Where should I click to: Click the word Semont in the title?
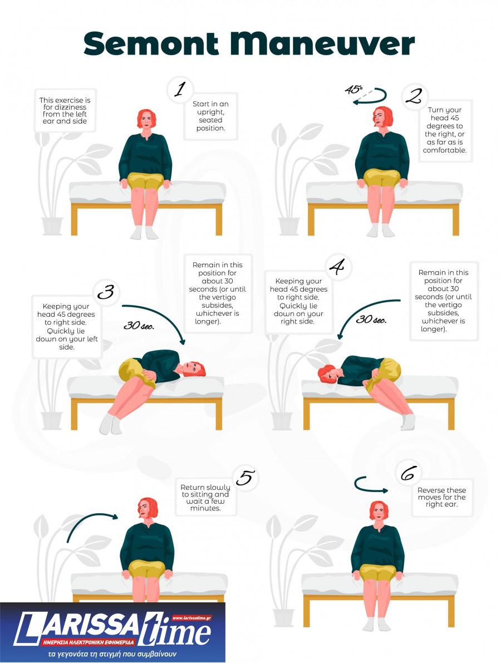point(151,43)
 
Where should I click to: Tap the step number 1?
point(180,89)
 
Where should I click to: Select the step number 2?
point(414,96)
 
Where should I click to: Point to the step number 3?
point(106,291)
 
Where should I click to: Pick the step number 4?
point(337,267)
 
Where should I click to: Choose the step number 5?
point(246,478)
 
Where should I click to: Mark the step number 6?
point(409,473)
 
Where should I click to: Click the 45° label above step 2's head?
point(354,90)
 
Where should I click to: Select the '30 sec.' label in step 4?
point(371,319)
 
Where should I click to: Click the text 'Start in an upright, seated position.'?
point(210,116)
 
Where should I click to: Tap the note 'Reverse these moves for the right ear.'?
point(442,497)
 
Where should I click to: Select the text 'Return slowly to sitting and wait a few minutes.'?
point(205,498)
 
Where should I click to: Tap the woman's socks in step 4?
point(407,421)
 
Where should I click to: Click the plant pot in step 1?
point(52,226)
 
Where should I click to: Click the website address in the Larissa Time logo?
point(191,618)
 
